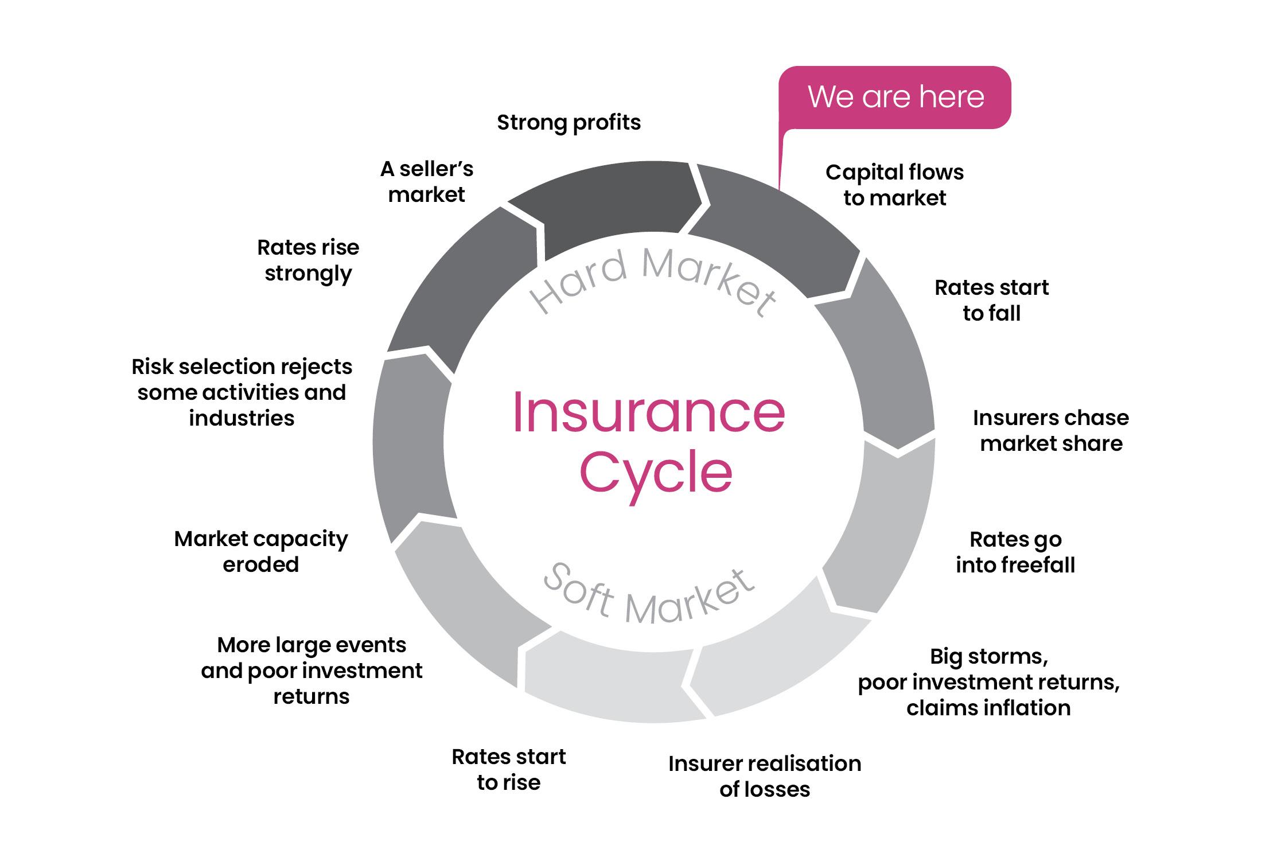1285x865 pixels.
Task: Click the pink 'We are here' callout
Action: [895, 97]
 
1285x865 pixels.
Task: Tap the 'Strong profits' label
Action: [568, 123]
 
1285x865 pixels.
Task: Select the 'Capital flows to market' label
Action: [894, 185]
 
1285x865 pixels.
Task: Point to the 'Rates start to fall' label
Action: [991, 300]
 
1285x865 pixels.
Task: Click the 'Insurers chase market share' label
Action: [1050, 430]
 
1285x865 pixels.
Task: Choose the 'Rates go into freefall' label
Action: [1015, 552]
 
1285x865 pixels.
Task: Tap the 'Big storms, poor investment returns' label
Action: [988, 681]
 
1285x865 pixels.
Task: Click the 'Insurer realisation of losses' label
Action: [765, 776]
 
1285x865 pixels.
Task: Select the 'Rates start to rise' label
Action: [508, 769]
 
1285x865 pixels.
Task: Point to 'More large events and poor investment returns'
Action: [311, 670]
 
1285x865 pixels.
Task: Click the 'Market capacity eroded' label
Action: [261, 551]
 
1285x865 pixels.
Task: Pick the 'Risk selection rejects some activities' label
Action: [242, 392]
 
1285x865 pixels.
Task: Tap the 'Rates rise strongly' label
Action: [308, 260]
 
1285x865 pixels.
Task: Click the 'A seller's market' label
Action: [427, 182]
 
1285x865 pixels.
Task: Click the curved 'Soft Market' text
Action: [648, 597]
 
